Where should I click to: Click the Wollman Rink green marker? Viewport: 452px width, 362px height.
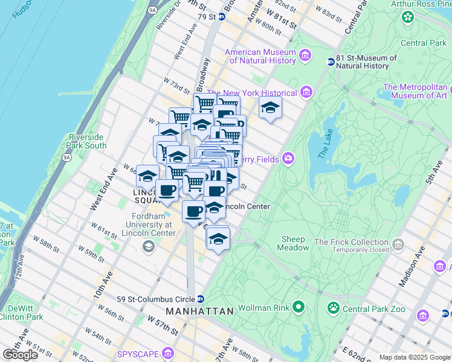click(x=298, y=308)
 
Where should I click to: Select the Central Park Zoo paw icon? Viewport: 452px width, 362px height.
click(x=333, y=308)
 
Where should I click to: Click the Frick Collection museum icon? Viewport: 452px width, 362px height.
click(x=398, y=244)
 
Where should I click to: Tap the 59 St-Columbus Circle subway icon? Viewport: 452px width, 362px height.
click(x=201, y=299)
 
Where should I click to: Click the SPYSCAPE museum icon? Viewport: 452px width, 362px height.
click(x=167, y=352)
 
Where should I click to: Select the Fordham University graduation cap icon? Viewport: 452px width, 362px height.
click(x=149, y=246)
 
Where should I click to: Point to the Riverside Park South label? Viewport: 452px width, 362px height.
click(x=88, y=141)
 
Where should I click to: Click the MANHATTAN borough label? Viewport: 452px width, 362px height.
click(x=200, y=311)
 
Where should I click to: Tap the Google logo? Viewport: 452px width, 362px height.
click(x=20, y=355)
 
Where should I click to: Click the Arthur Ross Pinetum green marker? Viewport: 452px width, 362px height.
click(x=408, y=17)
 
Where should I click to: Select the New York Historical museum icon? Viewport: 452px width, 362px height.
click(x=306, y=93)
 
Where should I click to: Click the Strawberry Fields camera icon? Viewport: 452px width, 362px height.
click(x=288, y=159)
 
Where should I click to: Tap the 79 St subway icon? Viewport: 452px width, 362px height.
click(x=222, y=16)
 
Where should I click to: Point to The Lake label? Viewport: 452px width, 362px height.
click(x=324, y=145)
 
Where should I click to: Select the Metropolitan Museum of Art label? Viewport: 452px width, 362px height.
click(x=415, y=91)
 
